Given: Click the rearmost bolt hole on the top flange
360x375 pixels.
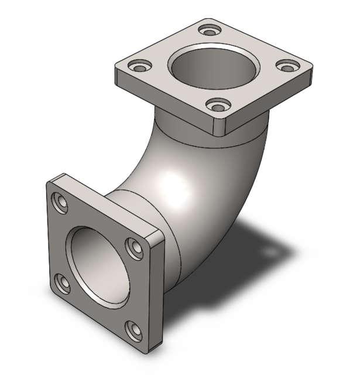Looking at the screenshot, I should [208, 29].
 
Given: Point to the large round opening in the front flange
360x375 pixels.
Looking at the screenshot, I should [97, 264].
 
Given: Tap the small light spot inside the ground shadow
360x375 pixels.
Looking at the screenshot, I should [270, 251].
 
